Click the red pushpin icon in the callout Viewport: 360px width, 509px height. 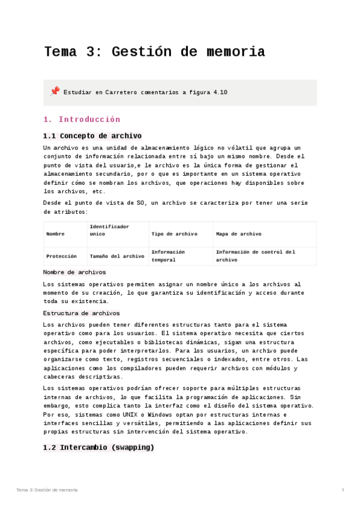pyautogui.click(x=55, y=91)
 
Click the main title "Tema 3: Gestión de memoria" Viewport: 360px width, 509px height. pyautogui.click(x=154, y=52)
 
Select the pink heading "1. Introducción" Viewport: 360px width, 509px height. pyautogui.click(x=82, y=119)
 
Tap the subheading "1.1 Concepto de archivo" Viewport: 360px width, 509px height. pyautogui.click(x=92, y=136)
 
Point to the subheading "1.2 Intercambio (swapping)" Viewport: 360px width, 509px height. pyautogui.click(x=98, y=447)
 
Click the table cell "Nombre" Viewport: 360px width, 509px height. pyautogui.click(x=55, y=234)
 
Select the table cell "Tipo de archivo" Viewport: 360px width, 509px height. pyautogui.click(x=174, y=234)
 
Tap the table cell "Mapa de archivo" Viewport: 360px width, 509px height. pyautogui.click(x=238, y=234)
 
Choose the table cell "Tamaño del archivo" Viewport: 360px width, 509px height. pyautogui.click(x=117, y=256)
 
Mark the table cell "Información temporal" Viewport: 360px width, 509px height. pyautogui.click(x=168, y=256)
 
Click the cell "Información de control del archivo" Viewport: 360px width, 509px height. pyautogui.click(x=256, y=256)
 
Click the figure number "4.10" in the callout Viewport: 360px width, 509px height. pyautogui.click(x=220, y=92)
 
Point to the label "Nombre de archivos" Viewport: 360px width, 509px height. pyautogui.click(x=75, y=273)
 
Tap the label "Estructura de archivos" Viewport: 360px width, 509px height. pyautogui.click(x=82, y=313)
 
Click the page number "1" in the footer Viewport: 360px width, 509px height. pyautogui.click(x=343, y=490)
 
